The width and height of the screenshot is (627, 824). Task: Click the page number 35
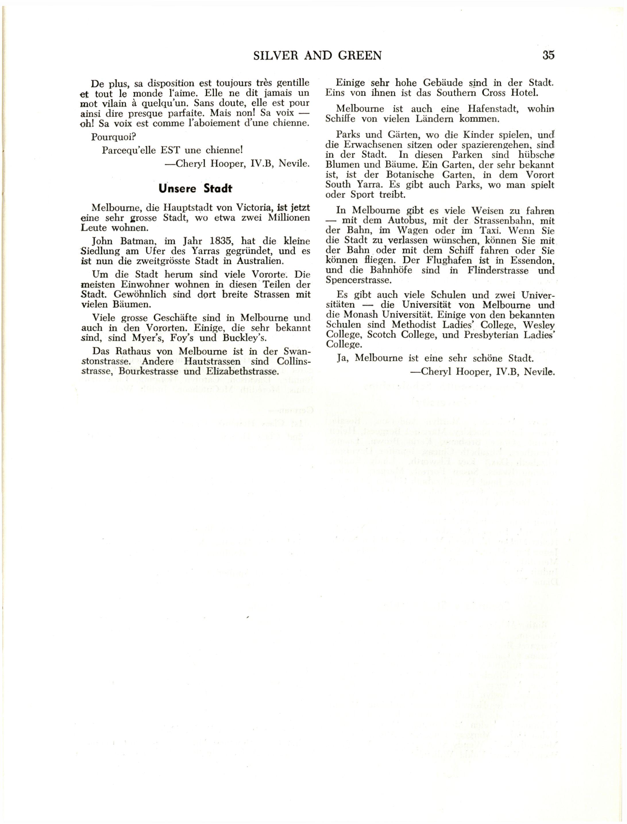(x=548, y=55)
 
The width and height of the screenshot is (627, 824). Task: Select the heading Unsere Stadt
(x=195, y=188)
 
